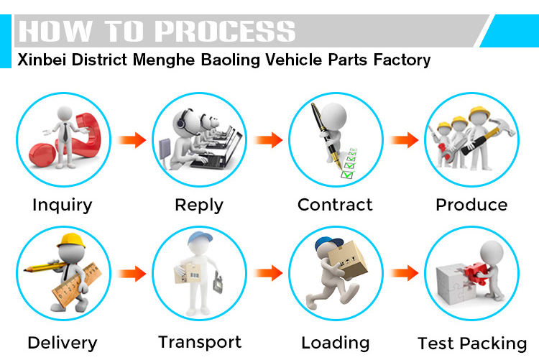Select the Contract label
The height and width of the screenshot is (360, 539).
point(335,205)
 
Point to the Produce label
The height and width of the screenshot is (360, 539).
point(471,205)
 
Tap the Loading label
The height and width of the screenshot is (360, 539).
point(336,343)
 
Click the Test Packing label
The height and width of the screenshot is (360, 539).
point(472,343)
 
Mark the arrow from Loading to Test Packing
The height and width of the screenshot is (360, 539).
point(404,273)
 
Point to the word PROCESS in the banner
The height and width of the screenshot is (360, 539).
point(224,32)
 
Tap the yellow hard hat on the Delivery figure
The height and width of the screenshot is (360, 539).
point(70,239)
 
